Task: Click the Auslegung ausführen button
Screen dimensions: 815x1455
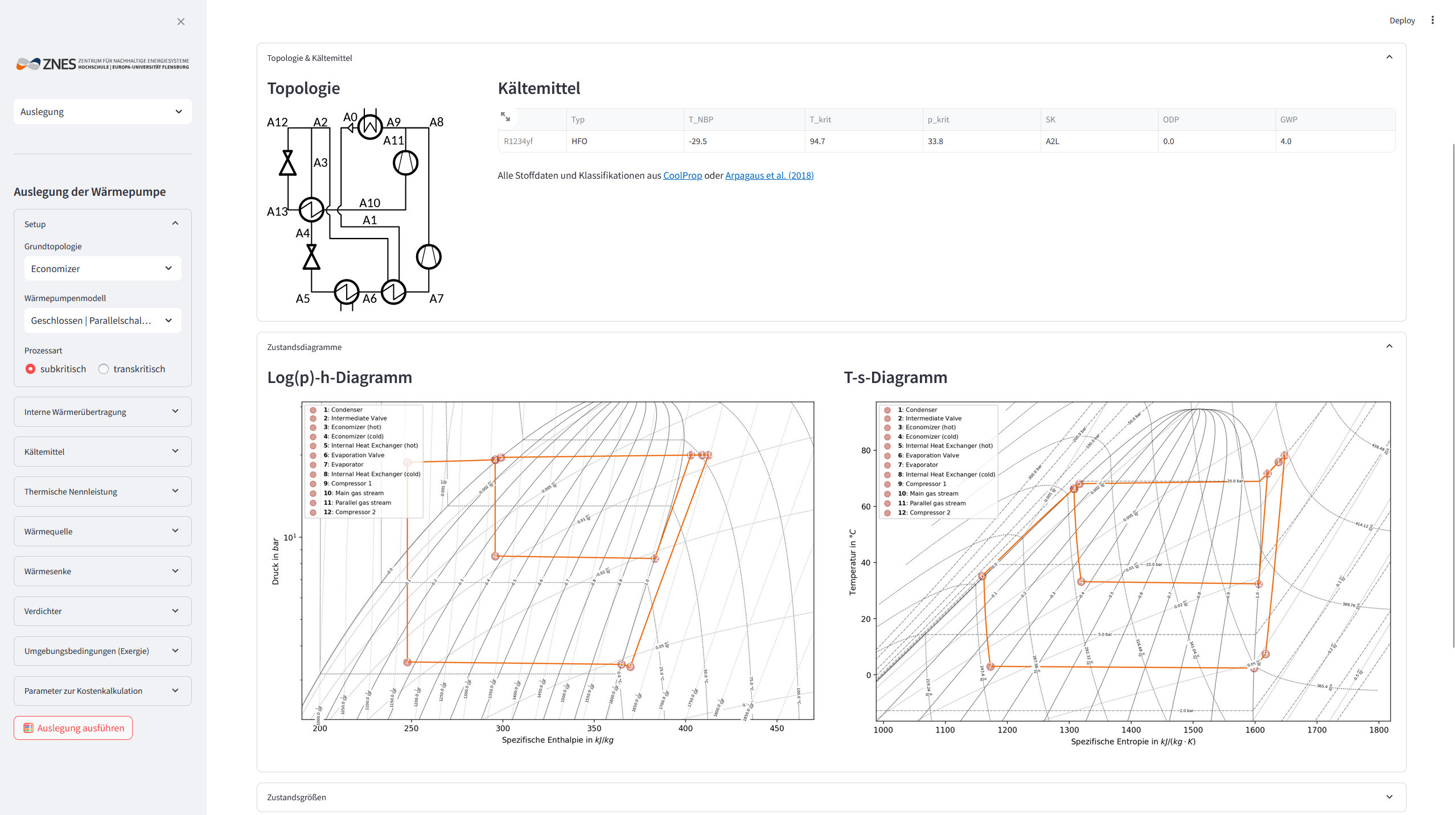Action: click(73, 728)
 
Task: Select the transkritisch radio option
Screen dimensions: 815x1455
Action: click(104, 369)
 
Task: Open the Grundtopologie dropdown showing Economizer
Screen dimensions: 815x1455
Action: click(102, 269)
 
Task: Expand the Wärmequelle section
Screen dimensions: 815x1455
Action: click(102, 531)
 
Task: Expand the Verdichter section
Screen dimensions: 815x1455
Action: click(102, 611)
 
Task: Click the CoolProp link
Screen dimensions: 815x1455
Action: click(682, 175)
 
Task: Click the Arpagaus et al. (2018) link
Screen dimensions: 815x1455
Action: click(769, 175)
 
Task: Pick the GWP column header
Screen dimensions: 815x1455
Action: click(1288, 120)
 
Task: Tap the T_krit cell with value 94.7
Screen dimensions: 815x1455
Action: click(817, 141)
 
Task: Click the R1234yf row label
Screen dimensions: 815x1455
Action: click(518, 141)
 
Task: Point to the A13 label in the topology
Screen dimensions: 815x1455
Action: click(277, 212)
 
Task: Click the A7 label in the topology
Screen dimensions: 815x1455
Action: click(436, 299)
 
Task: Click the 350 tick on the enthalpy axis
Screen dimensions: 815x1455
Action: click(594, 728)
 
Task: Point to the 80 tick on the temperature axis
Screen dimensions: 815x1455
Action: click(865, 450)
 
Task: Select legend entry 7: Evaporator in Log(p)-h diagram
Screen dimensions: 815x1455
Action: click(347, 464)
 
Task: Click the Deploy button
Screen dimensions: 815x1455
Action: click(1401, 20)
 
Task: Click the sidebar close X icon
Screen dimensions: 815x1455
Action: click(181, 22)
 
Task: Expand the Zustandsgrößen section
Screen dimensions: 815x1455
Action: click(831, 797)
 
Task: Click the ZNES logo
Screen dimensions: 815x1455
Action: click(102, 64)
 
